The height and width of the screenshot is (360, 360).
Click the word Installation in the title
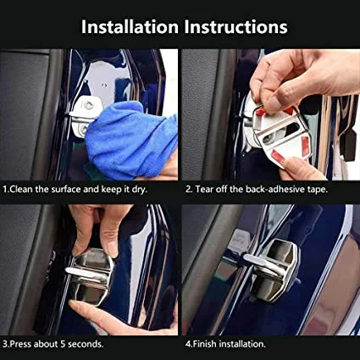coord(130,27)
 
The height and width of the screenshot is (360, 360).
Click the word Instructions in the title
coord(235,27)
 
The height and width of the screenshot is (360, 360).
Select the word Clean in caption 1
coord(21,189)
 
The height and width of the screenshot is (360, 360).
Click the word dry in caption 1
coord(139,190)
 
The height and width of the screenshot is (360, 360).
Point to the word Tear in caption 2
coord(204,189)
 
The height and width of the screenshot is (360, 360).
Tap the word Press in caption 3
coord(20,344)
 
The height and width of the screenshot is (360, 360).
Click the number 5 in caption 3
coord(63,344)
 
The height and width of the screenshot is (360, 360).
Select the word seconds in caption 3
coord(86,344)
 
